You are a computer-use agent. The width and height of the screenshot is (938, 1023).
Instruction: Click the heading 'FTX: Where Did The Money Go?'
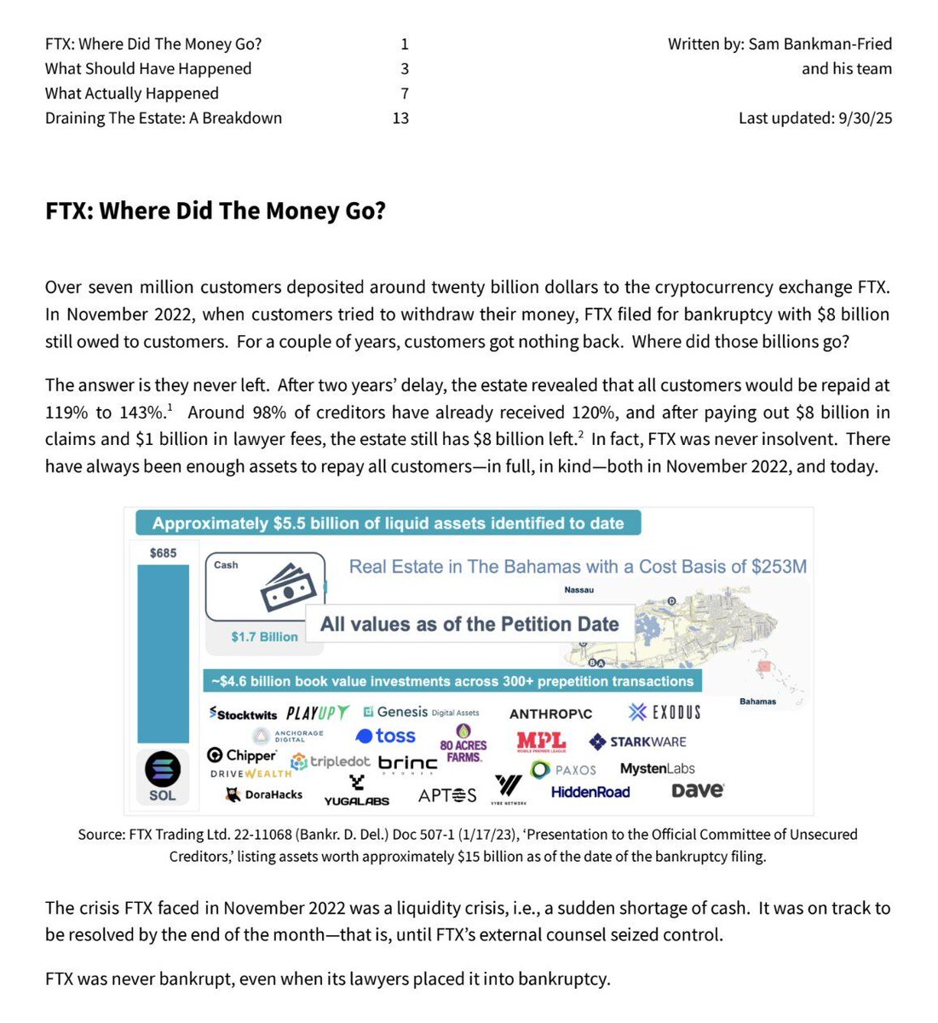click(x=216, y=211)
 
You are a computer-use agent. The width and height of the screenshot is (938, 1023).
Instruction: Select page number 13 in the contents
click(x=400, y=118)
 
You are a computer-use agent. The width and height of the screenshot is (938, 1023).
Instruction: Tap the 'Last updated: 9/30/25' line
click(x=814, y=118)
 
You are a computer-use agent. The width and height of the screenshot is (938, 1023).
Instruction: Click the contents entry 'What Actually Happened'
click(x=132, y=93)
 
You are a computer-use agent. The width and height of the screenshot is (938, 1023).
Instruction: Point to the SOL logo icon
click(x=162, y=769)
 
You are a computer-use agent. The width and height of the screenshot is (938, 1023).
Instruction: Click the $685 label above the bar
click(x=163, y=552)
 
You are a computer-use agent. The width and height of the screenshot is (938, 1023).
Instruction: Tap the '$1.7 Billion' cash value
click(x=264, y=637)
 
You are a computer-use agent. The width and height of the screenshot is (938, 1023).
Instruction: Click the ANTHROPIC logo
click(x=550, y=714)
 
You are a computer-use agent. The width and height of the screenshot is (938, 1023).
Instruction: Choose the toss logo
click(x=385, y=736)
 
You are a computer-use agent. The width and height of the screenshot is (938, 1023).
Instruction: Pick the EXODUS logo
click(x=665, y=712)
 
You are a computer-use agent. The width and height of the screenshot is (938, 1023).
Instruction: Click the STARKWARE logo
click(x=637, y=742)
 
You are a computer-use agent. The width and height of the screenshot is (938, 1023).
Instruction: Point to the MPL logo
click(x=541, y=742)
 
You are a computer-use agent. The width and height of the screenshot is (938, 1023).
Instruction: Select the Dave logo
click(x=697, y=790)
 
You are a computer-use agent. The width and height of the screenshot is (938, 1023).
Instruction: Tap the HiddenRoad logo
click(x=590, y=792)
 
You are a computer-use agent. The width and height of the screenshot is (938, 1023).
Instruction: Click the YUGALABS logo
click(x=357, y=792)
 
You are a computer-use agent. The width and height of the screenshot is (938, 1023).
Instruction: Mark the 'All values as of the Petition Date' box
click(x=469, y=624)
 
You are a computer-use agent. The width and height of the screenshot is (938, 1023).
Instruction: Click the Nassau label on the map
click(x=578, y=590)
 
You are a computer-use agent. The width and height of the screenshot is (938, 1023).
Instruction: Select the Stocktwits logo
click(x=244, y=714)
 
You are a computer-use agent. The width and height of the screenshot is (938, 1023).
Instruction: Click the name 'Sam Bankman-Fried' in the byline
click(x=820, y=43)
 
